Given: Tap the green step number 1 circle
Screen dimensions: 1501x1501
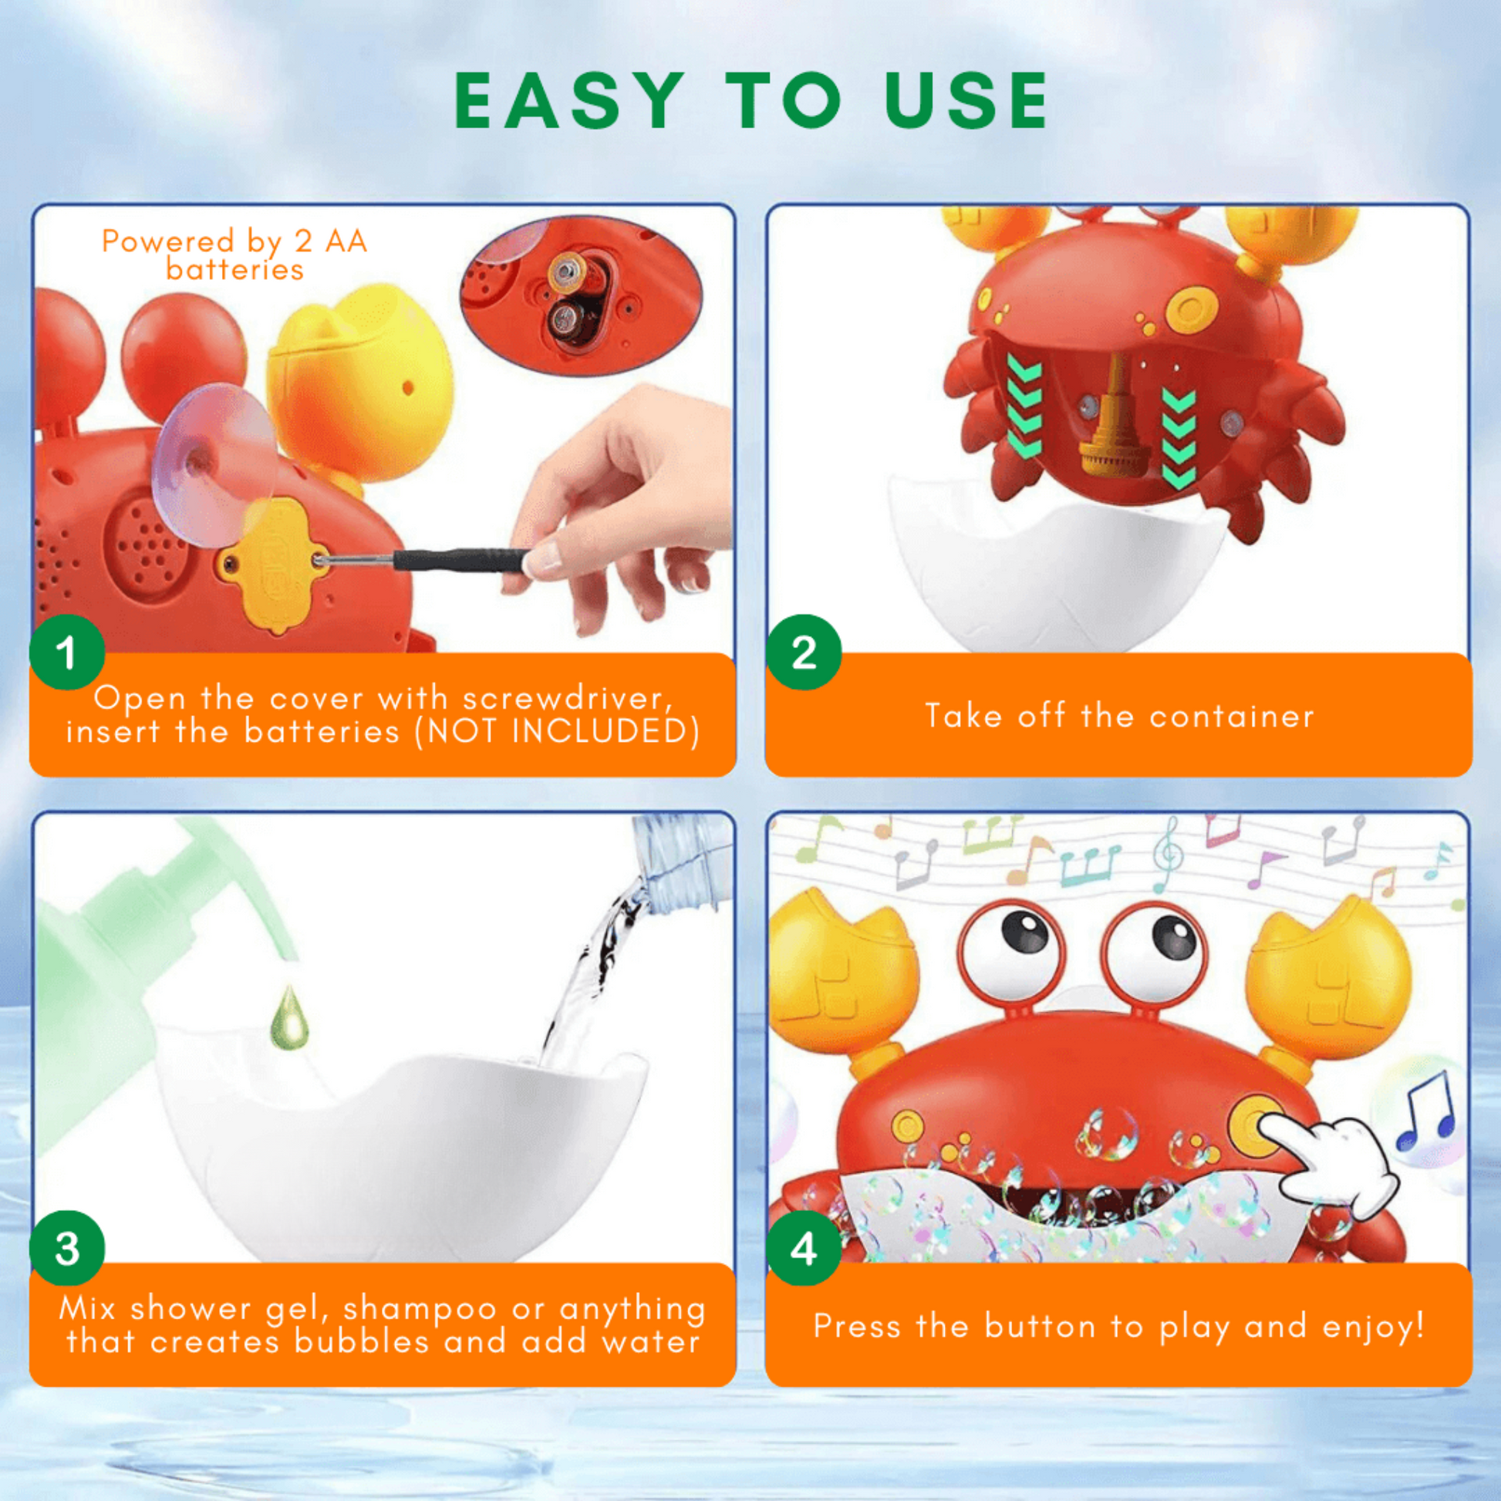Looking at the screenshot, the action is pos(67,652).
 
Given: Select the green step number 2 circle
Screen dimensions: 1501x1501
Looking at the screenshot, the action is pos(803,652).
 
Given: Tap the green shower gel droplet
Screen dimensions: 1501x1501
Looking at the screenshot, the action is pos(289,1017).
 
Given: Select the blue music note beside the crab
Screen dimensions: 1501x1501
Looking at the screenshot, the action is pos(1426,1111).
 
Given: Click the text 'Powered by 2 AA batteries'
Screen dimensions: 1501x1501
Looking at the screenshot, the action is pos(234,255).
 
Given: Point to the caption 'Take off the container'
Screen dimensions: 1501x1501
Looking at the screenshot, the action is pos(1118,716).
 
